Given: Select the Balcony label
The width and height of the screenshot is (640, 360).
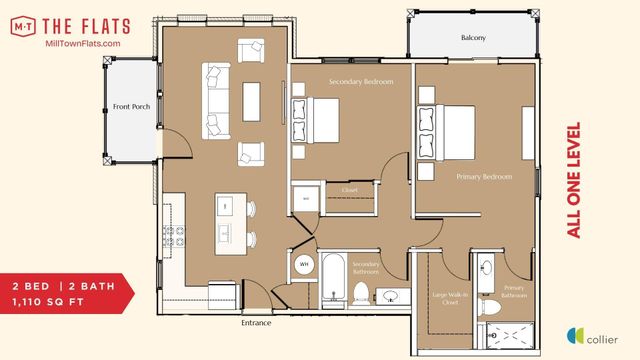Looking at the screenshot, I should point(473,38).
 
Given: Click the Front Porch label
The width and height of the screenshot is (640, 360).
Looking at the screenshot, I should point(131,106).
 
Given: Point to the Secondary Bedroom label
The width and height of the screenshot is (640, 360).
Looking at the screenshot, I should point(361,81).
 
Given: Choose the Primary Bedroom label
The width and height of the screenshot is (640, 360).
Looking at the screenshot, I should point(484,177).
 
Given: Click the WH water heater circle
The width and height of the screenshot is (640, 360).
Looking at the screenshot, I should point(304,264).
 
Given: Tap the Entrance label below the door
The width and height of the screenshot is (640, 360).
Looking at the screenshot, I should point(257,323).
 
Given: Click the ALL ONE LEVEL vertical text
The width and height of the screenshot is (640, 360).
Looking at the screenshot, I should point(574,180).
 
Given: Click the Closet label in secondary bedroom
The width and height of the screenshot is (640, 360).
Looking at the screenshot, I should point(349,188).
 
